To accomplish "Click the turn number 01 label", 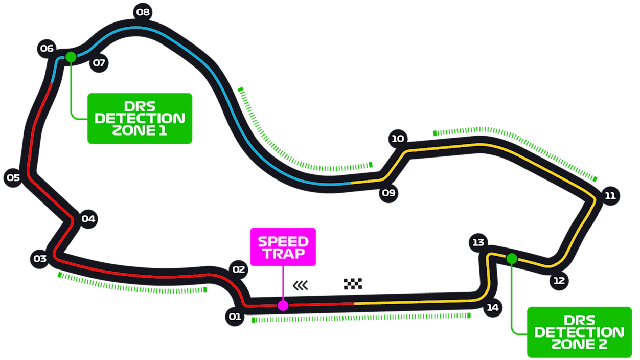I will (x=235, y=317).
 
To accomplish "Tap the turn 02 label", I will (x=239, y=269).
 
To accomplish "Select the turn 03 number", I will (x=40, y=259).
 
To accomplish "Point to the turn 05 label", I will (x=13, y=178).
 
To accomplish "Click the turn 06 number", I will (x=47, y=49).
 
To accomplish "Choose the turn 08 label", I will (x=143, y=12).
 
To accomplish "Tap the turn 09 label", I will (x=388, y=193).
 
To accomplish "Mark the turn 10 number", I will (x=398, y=139).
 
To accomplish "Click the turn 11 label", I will (x=610, y=196).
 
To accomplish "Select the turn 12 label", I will (x=559, y=281).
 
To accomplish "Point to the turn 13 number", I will (x=478, y=242).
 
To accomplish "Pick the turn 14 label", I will (x=492, y=307).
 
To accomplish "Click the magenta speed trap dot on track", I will (x=283, y=306).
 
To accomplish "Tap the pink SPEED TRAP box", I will (x=283, y=247).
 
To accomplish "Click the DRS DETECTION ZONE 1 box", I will (x=140, y=118).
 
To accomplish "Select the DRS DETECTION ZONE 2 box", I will (x=579, y=332).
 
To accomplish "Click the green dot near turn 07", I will (x=71, y=57).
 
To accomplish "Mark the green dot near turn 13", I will (x=512, y=259).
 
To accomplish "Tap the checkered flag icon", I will (x=353, y=284).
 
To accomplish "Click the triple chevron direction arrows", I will (x=301, y=285).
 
